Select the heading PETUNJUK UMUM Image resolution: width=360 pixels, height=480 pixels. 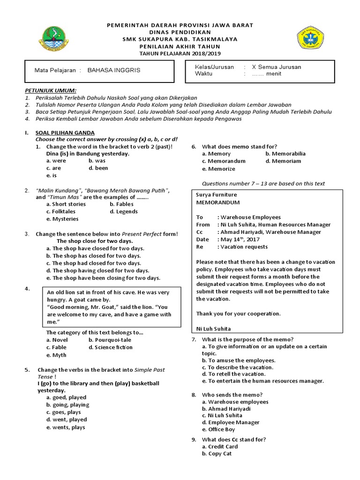coord(50,90)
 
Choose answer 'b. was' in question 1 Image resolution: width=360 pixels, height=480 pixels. coord(97,161)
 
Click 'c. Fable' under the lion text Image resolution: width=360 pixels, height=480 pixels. coord(56,347)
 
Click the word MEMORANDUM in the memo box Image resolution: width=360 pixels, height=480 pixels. coord(217,202)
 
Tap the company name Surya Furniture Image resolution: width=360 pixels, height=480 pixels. coord(217,195)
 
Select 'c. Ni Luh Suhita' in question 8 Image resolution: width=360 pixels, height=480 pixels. coord(222,415)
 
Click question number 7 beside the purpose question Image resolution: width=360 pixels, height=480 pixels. coord(194,339)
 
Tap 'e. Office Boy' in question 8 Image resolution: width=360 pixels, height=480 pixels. coord(218,429)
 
